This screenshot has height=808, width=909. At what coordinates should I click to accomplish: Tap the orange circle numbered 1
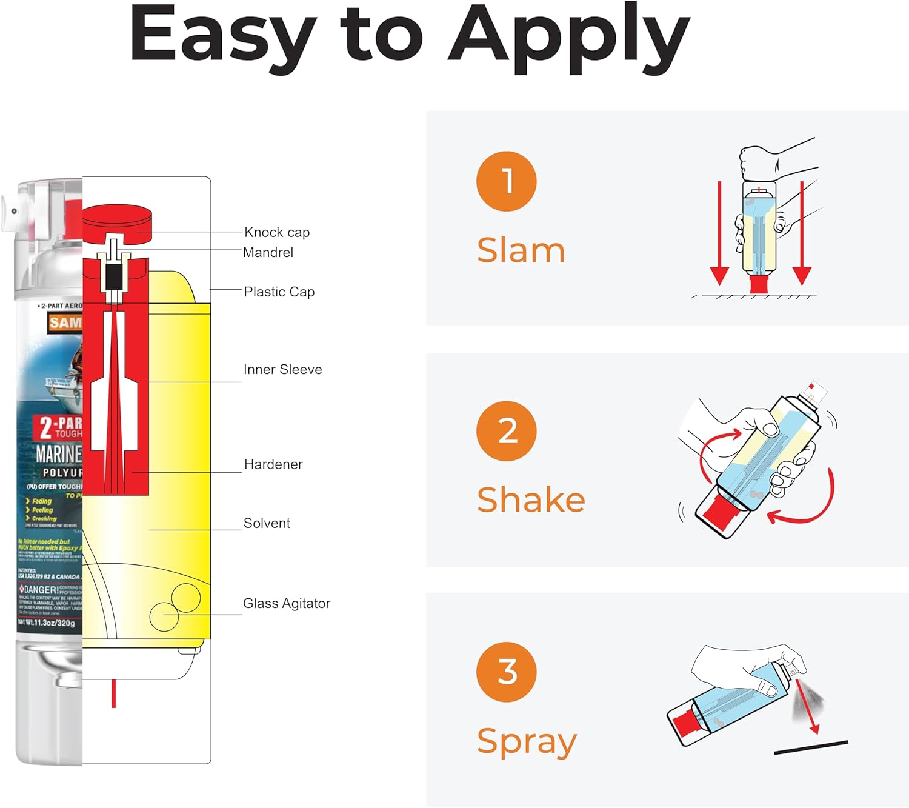[507, 181]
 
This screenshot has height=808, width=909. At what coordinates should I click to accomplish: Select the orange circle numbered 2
[507, 431]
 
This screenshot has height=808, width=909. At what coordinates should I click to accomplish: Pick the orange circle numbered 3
[507, 672]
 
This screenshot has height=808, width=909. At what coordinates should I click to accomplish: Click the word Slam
[521, 250]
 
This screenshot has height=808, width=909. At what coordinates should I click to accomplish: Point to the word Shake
[531, 500]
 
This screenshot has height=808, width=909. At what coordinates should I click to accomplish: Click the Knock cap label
[277, 232]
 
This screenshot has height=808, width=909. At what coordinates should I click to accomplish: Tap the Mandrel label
[268, 252]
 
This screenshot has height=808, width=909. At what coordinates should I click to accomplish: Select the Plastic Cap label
[279, 292]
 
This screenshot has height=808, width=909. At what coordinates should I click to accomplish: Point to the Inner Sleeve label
[282, 369]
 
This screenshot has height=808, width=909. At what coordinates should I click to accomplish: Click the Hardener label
[273, 464]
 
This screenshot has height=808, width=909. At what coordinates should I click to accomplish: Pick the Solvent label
[267, 523]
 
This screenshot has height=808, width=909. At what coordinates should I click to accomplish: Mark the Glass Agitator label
[287, 603]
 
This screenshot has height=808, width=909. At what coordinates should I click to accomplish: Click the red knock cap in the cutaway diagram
[116, 220]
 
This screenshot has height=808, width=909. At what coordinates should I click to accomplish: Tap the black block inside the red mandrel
[113, 278]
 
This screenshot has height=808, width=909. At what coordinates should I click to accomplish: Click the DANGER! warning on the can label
[41, 589]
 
